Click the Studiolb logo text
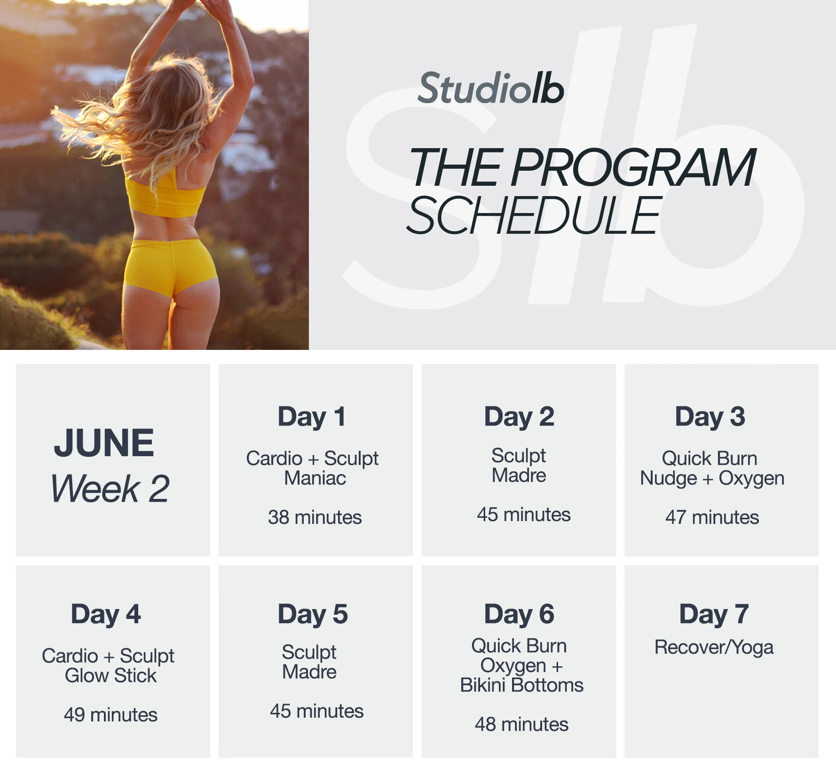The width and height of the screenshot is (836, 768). point(490,88)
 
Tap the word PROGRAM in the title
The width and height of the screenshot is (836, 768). point(633,167)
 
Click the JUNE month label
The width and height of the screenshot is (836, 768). point(104,443)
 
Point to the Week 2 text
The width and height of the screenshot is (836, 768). point(110,489)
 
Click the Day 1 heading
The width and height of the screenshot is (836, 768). point(312,417)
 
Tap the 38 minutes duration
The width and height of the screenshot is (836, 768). point(315,517)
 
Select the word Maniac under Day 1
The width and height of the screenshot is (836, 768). point(315,478)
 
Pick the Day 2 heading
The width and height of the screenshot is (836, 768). point(519,417)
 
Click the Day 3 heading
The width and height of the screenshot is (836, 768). point(710,417)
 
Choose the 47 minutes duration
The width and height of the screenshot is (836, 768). point(712,517)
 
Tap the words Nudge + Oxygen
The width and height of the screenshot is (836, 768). point(712,478)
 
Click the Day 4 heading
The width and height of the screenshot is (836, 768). point(106,614)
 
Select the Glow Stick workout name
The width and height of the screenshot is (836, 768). point(110,676)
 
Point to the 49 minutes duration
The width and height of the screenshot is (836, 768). point(110,715)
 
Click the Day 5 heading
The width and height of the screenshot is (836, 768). point(313,614)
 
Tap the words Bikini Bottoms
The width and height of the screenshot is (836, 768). point(521,685)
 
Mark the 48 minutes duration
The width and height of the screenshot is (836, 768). point(521,724)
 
